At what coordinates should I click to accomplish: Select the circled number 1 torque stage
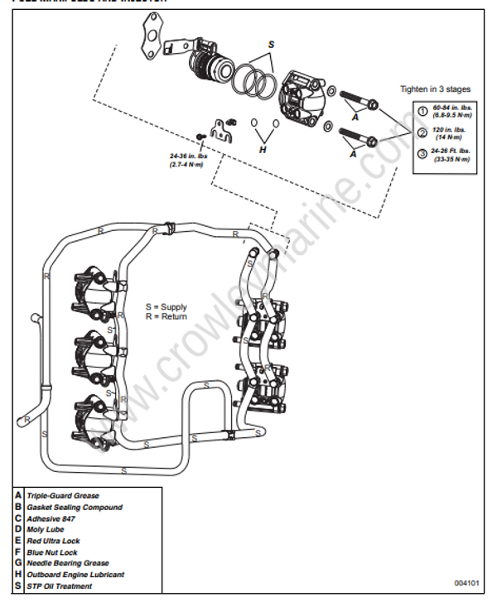421,110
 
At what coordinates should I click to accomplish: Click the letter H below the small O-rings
263,150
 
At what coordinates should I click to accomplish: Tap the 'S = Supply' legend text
166,307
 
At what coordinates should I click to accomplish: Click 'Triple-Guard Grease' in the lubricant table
63,496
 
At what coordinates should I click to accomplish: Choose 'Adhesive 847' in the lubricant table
51,518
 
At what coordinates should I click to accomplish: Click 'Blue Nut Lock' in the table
52,552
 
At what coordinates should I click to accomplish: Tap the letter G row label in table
17,563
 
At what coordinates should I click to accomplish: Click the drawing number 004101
466,581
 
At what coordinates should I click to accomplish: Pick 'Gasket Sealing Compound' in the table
74,507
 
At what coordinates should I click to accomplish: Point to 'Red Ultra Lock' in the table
55,541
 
